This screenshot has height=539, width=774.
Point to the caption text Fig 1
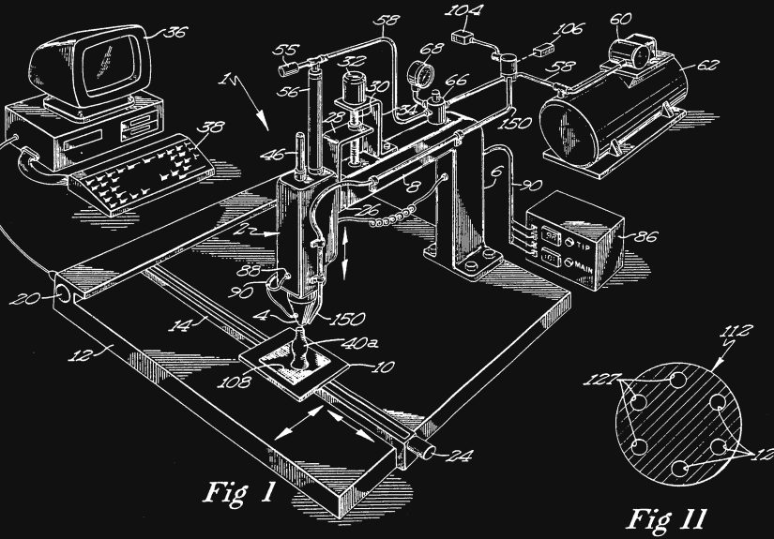pos(242,493)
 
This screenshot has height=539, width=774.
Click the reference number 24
pos(459,457)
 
